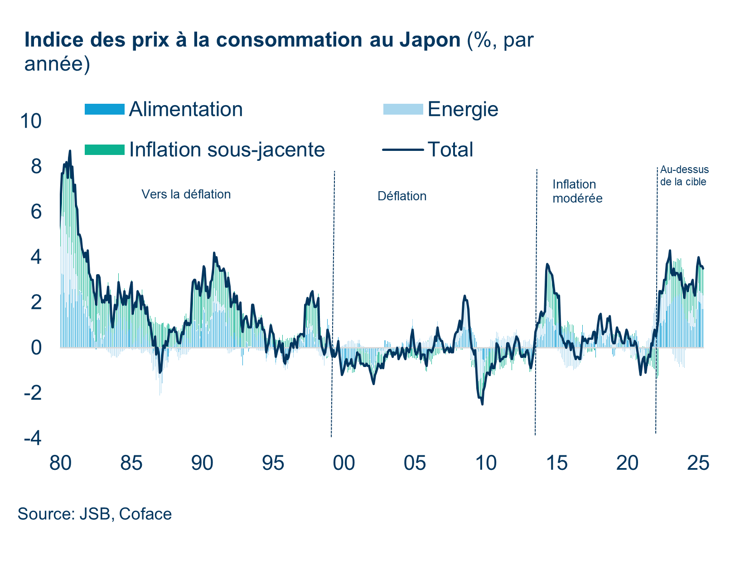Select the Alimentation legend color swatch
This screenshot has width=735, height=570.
click(x=104, y=109)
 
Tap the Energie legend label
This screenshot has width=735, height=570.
click(x=463, y=109)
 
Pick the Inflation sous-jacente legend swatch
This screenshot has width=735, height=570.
click(x=104, y=150)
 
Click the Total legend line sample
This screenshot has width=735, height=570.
click(x=403, y=150)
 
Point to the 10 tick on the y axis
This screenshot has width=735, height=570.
click(x=31, y=121)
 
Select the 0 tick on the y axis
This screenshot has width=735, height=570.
click(x=36, y=348)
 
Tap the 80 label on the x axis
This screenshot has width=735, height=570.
click(x=60, y=463)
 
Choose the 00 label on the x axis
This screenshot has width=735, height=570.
click(x=344, y=463)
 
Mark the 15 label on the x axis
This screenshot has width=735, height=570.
click(x=556, y=463)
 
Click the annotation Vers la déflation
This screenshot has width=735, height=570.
click(x=186, y=194)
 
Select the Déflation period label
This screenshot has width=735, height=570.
click(x=402, y=196)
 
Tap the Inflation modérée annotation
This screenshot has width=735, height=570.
click(x=577, y=191)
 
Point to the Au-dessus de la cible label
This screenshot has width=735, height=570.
click(x=684, y=176)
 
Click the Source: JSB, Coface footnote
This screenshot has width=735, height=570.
click(x=95, y=514)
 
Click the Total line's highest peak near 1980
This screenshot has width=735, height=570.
click(x=70, y=151)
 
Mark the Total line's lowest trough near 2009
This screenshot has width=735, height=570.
click(x=482, y=404)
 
